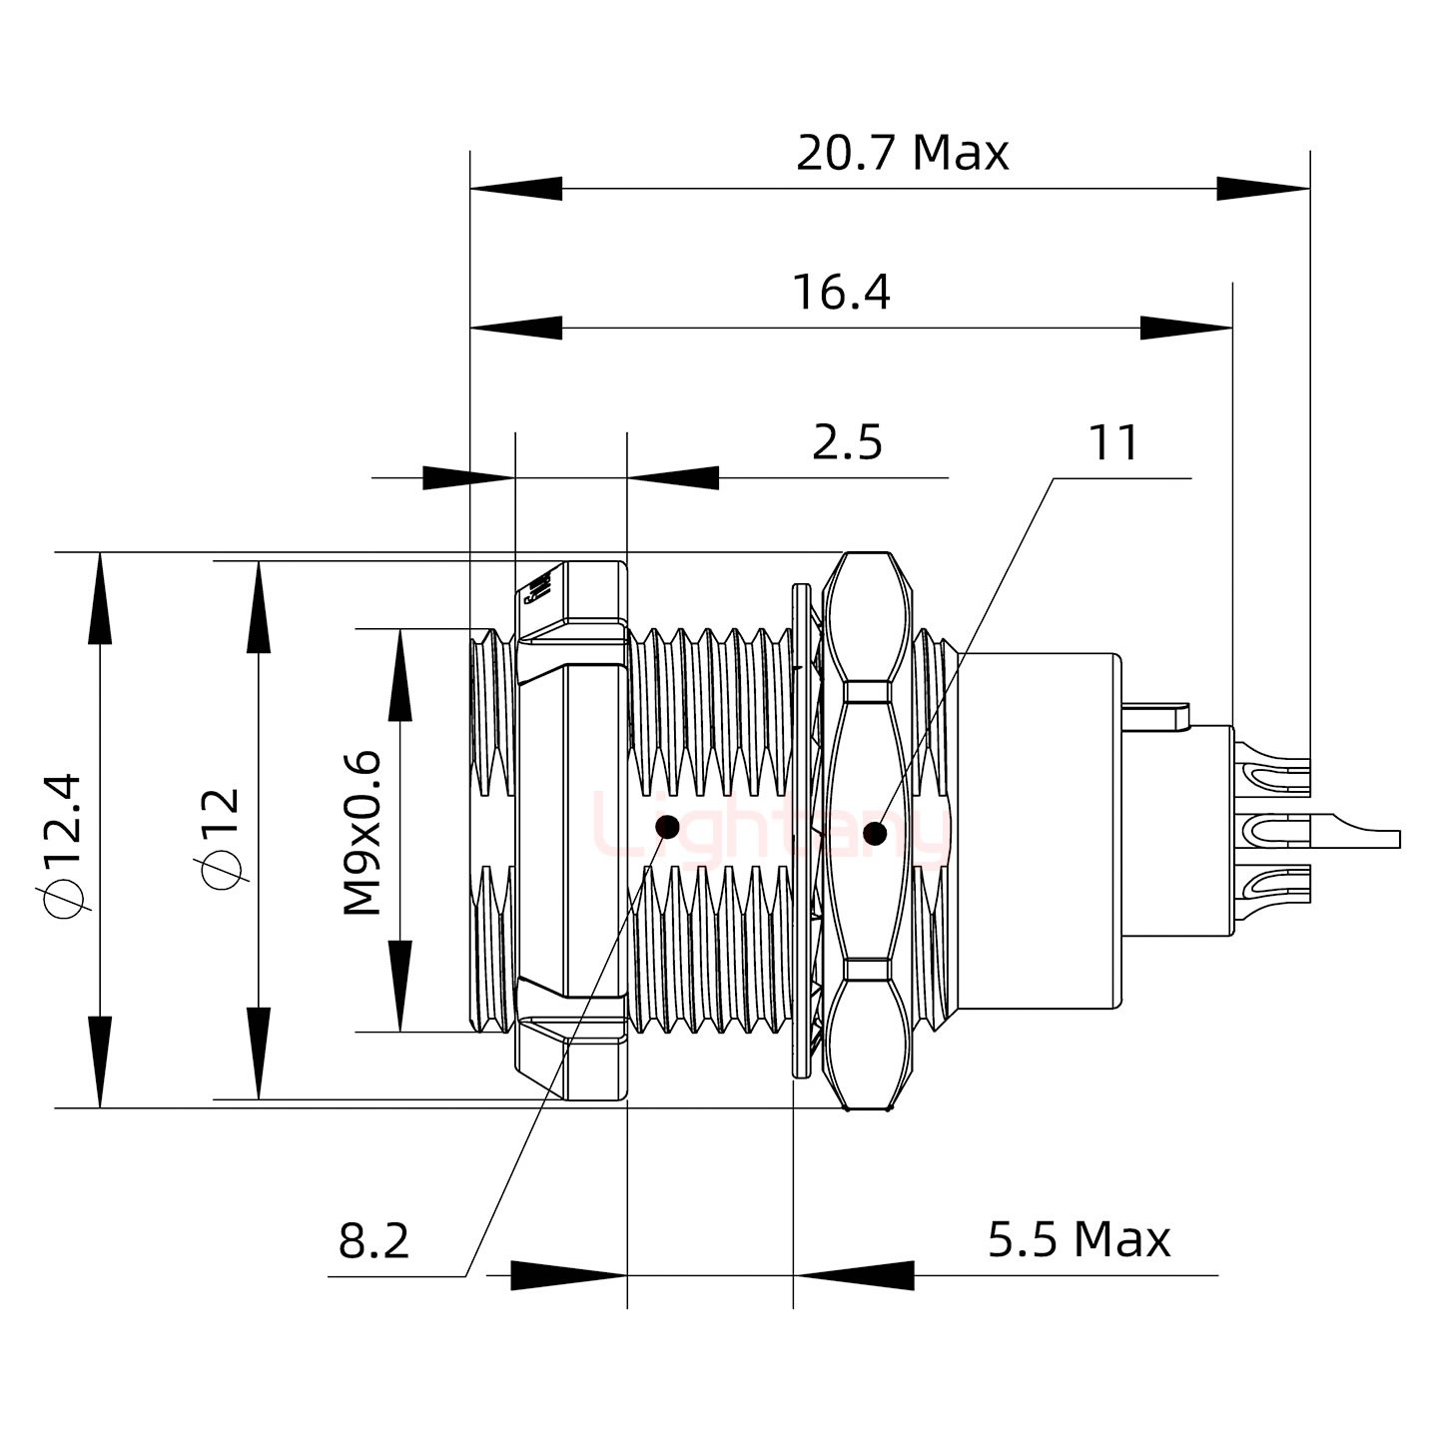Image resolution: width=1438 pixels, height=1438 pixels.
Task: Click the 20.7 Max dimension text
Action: tap(902, 153)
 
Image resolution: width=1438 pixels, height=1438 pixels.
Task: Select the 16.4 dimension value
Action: tap(841, 293)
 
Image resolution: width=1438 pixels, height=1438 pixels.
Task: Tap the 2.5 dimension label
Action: tap(847, 442)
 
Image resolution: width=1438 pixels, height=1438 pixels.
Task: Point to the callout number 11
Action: tap(1112, 442)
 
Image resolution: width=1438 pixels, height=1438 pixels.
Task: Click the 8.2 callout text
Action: tap(374, 1241)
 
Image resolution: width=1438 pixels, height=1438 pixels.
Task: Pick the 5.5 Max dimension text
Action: tap(1078, 1239)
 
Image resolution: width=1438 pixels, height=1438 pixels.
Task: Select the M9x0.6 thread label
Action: tap(362, 832)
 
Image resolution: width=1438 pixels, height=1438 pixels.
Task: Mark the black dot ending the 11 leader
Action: tap(876, 833)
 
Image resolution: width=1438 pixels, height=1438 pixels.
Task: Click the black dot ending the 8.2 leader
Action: tap(667, 827)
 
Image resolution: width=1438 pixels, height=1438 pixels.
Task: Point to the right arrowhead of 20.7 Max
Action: tap(1263, 188)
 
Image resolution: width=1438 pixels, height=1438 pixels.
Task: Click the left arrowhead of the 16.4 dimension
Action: tap(515, 328)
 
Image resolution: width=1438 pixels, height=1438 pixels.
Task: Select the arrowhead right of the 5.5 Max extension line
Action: tap(854, 1275)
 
